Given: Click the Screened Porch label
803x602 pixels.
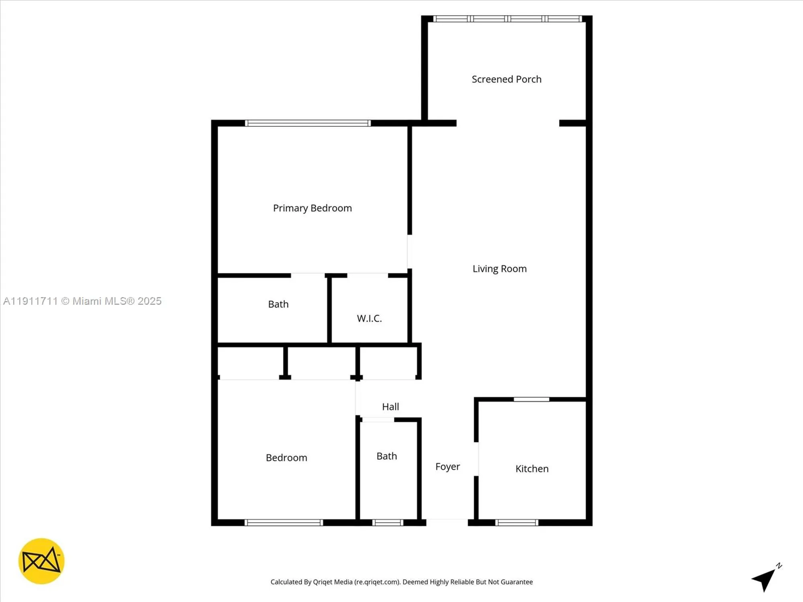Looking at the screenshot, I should coord(506,79).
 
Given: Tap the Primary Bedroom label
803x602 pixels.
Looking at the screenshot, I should coord(312,208).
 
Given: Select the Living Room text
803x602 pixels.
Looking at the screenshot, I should coord(499,268).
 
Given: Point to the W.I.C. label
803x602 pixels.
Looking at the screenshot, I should coord(369,318).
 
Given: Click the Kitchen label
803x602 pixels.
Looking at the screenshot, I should coord(532,468).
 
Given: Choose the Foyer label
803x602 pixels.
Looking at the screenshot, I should coord(448,466).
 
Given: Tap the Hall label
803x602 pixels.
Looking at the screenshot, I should coord(390,407).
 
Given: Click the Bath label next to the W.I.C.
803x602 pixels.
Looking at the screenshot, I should coord(278,304).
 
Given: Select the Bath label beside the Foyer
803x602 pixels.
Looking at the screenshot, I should coord(387,456).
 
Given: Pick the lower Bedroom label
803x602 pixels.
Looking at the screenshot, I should coord(286,458).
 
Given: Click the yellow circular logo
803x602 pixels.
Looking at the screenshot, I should coord(41,561).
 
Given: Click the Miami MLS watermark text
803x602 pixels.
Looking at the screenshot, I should coord(82,301).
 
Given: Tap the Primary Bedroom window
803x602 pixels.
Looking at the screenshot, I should coord(308,123).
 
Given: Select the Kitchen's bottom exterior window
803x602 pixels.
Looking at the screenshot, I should coord(517,523).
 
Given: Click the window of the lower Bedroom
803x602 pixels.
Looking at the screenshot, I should coord(284,523).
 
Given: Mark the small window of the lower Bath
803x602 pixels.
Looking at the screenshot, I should coord(387,523).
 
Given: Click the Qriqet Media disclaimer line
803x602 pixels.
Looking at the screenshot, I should coord(401,582).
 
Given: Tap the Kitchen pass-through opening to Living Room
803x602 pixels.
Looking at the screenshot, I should coord(531,399).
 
